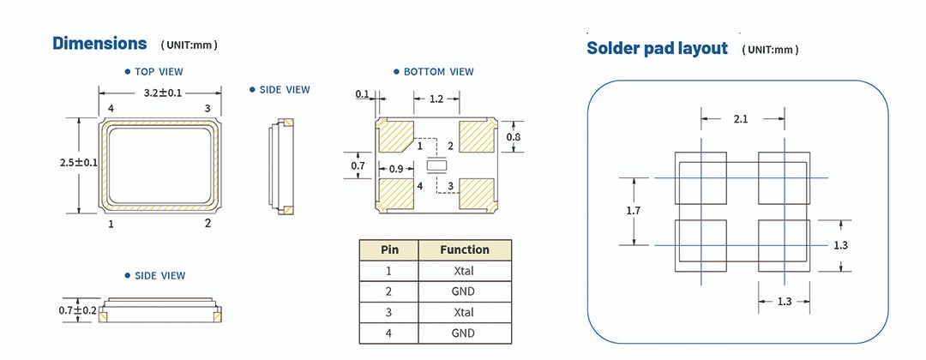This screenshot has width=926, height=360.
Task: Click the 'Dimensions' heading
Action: pyautogui.click(x=99, y=43)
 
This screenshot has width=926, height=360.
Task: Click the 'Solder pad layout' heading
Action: pyautogui.click(x=657, y=48)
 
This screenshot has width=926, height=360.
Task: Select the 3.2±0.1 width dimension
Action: pyautogui.click(x=159, y=93)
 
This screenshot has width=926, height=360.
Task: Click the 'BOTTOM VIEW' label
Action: pyautogui.click(x=438, y=72)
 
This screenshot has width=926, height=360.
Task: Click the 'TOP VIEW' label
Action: pyautogui.click(x=159, y=72)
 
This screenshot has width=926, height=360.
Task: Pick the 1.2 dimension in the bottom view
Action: pyautogui.click(x=436, y=99)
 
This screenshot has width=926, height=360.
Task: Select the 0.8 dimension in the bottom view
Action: pyautogui.click(x=513, y=137)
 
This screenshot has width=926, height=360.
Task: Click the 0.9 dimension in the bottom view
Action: pyautogui.click(x=395, y=168)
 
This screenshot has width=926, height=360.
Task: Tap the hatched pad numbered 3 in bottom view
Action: pyautogui.click(x=477, y=194)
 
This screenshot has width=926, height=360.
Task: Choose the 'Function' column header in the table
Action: pyautogui.click(x=465, y=250)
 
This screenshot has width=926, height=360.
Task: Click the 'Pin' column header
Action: pyautogui.click(x=388, y=250)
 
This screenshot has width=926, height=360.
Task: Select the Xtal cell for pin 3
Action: pyautogui.click(x=464, y=313)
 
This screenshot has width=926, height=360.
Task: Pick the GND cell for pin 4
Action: pyautogui.click(x=464, y=333)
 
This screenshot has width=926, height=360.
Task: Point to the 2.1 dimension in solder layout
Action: pyautogui.click(x=741, y=119)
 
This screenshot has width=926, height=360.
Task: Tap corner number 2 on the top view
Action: pyautogui.click(x=207, y=224)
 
